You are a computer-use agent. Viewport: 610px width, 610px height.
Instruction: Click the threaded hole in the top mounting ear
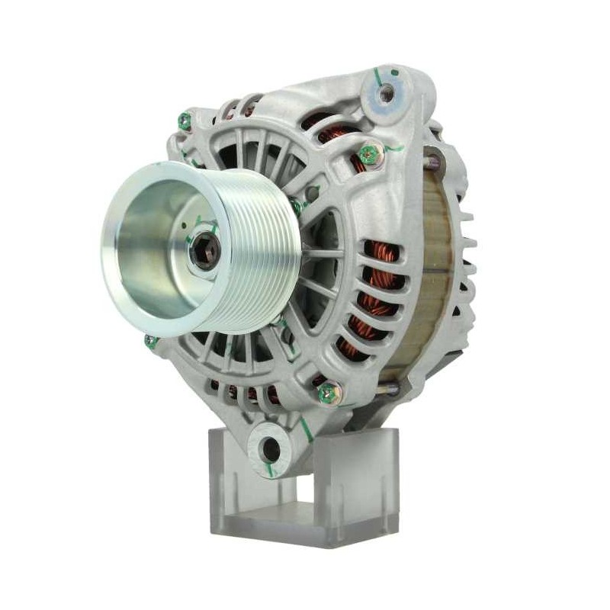click(x=387, y=95)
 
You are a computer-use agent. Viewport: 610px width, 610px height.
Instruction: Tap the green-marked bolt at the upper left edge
click(x=185, y=120)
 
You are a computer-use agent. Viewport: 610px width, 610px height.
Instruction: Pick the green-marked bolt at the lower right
click(x=329, y=393)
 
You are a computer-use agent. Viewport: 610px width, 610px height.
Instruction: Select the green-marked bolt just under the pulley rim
click(x=152, y=342)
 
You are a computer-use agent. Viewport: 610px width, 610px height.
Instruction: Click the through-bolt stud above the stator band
click(x=433, y=161)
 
